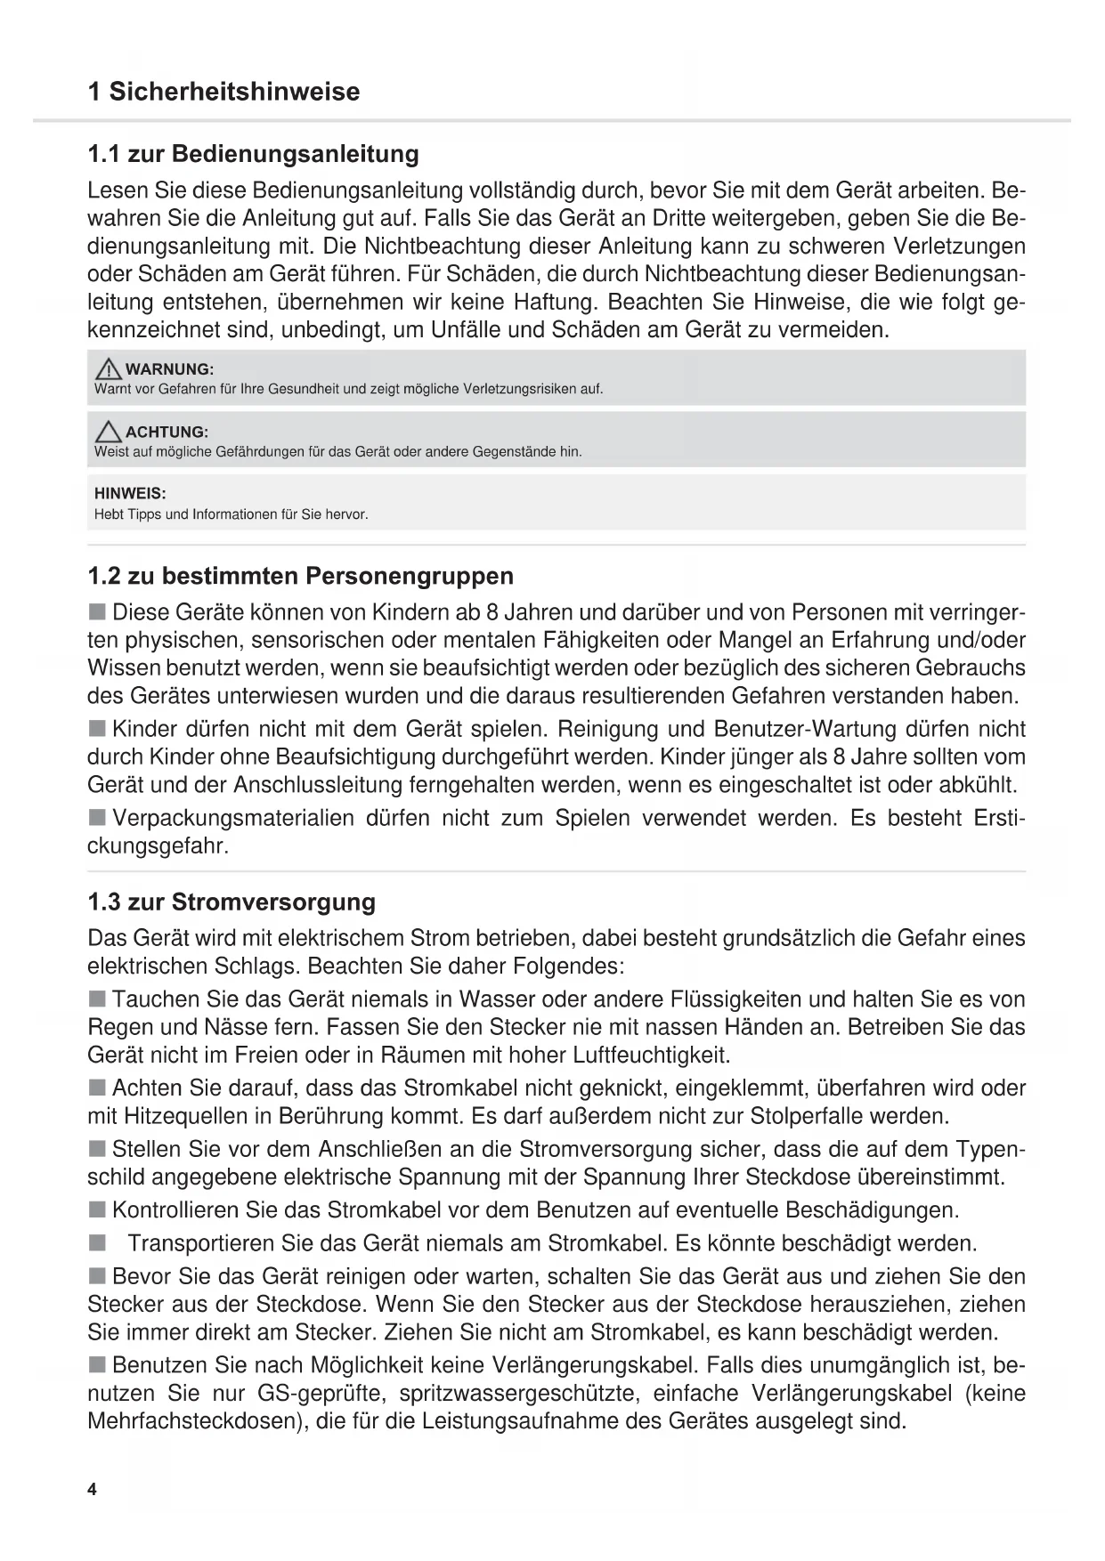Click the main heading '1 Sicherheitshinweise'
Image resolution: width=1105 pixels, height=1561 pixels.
coord(223,92)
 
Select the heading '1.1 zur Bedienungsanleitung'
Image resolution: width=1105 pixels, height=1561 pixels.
coord(253,154)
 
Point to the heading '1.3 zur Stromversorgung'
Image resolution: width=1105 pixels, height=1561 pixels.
coord(232,902)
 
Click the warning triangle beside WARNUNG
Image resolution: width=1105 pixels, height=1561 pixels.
coord(109,368)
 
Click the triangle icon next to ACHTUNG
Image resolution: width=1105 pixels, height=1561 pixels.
coord(109,432)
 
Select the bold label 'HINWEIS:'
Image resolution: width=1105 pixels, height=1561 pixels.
coord(130,493)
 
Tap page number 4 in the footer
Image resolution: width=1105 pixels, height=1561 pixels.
coord(93,1490)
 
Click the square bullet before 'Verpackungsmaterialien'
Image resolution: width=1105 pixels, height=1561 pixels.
coord(96,817)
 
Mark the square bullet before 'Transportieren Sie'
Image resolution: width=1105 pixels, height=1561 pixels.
coord(96,1242)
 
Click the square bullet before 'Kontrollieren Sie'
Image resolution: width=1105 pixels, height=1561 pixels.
coord(96,1209)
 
